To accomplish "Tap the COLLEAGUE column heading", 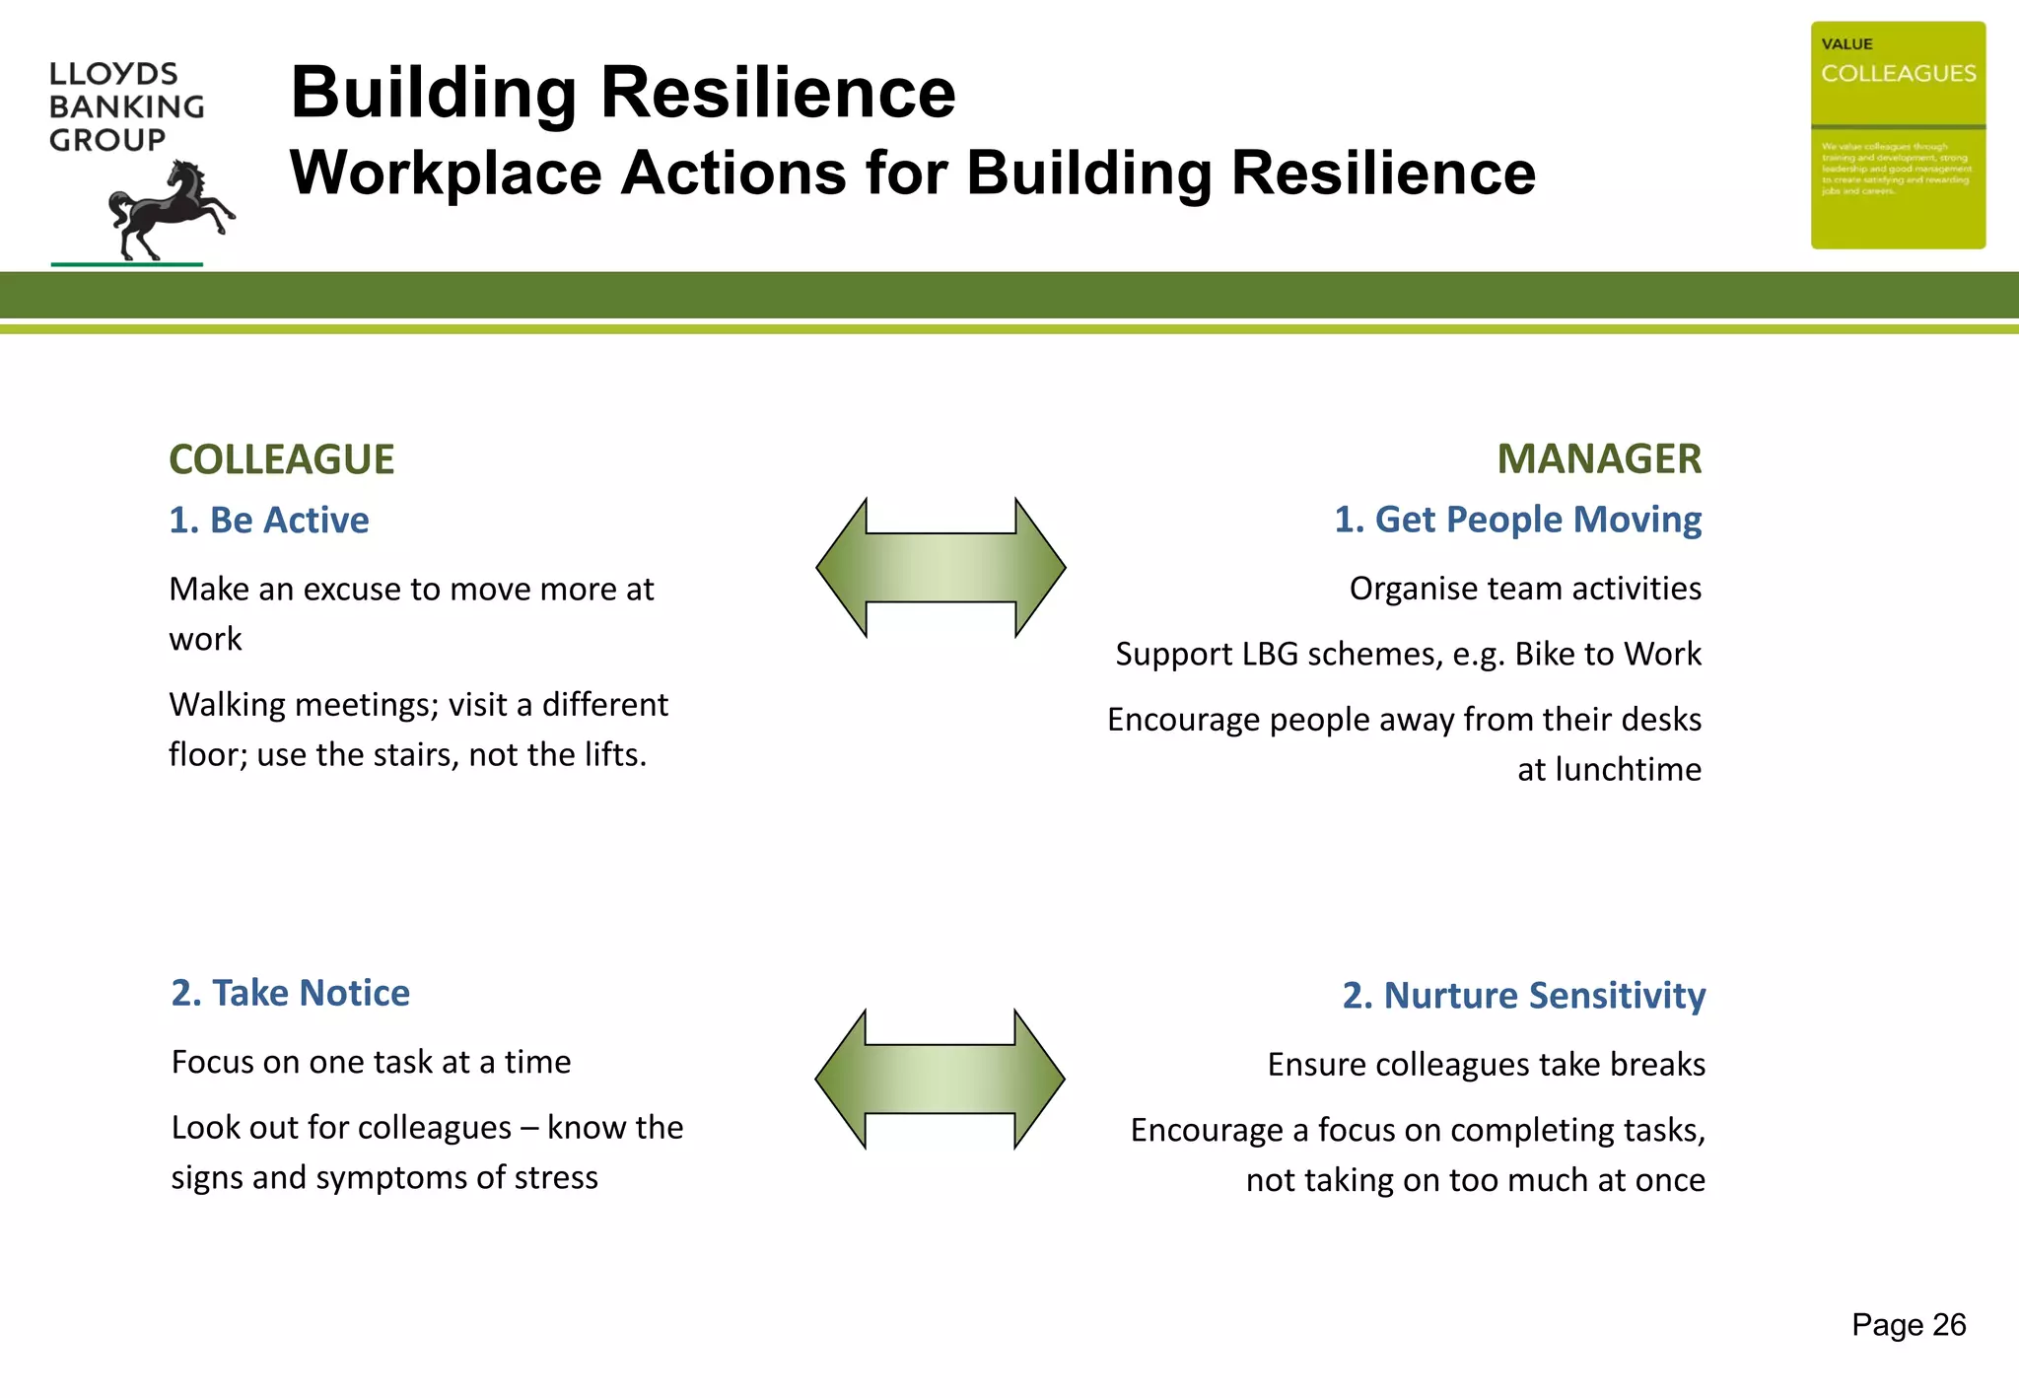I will pos(282,459).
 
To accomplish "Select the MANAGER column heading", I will pos(1599,459).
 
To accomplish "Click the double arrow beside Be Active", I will pos(940,568).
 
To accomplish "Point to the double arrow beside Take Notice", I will pos(940,1079).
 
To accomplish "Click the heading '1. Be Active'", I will pos(269,521).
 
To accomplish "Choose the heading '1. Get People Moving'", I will pos(1517,520).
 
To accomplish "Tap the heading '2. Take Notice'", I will pos(291,993).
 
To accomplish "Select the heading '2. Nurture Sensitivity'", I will pos(1523,996).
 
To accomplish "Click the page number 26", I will pos(1949,1325).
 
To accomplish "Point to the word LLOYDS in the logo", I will pos(113,74).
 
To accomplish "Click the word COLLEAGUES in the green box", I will pos(1898,74).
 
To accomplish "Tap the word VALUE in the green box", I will pos(1846,44).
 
